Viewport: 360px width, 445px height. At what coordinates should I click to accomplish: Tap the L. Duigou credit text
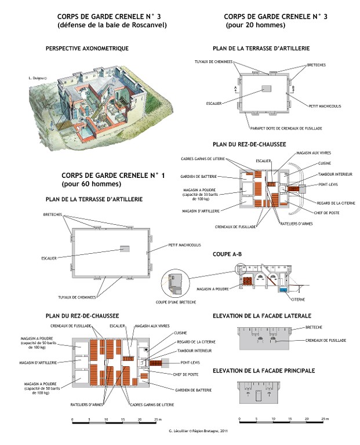pos(37,77)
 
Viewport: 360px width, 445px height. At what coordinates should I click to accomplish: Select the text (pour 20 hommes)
pos(256,25)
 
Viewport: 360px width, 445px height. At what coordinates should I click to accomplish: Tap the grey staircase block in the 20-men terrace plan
pos(266,89)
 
